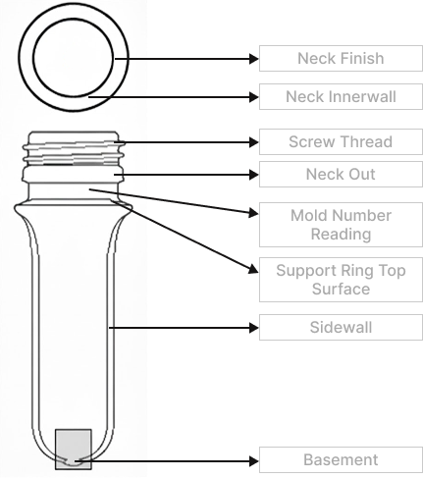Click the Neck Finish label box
point(341,59)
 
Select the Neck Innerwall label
point(341,97)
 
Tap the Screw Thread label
point(341,142)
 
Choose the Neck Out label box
point(341,174)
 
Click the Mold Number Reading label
point(341,225)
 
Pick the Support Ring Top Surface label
point(341,280)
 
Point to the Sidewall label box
point(341,328)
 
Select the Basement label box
point(341,460)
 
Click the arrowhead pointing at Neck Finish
point(254,59)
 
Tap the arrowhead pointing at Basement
point(254,461)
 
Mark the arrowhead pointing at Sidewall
point(254,328)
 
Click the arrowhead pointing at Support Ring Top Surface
point(253,269)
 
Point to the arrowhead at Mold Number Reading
point(253,213)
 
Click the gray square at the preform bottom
point(74,449)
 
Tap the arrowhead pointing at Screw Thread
point(254,142)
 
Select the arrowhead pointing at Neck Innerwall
point(254,97)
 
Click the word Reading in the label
point(341,235)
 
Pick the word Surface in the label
point(341,290)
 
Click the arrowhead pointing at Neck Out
point(254,175)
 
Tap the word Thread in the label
point(366,142)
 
